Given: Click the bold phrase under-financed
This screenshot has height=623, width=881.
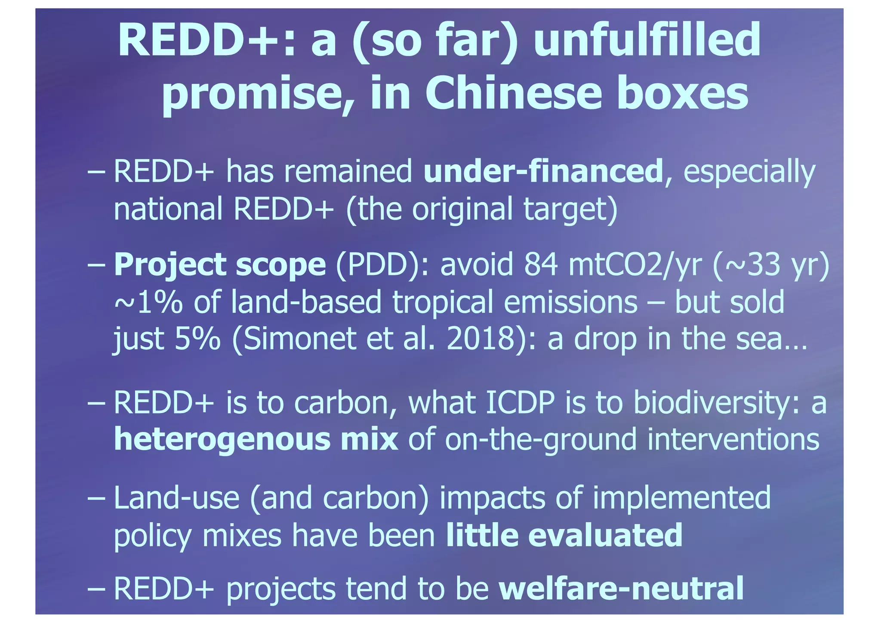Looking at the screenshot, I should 543,171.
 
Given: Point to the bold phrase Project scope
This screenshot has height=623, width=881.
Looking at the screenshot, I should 220,265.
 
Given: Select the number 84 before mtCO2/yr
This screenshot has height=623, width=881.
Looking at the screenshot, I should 540,265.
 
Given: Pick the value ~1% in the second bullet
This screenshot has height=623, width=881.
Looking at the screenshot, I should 149,302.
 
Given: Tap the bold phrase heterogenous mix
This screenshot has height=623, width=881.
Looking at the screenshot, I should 256,440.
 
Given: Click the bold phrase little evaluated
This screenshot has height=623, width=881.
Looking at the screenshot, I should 564,535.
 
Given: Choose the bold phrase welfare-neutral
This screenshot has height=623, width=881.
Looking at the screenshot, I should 621,589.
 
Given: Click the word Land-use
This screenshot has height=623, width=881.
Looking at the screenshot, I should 176,498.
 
